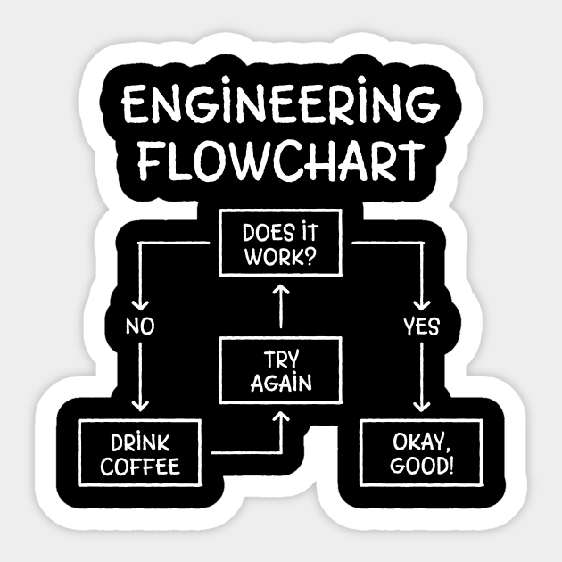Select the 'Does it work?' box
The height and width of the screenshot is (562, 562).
click(281, 246)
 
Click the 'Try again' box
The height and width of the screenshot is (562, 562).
click(281, 371)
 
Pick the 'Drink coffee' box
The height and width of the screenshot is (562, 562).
click(140, 453)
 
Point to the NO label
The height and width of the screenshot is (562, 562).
click(140, 326)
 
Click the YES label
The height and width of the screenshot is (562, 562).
click(421, 326)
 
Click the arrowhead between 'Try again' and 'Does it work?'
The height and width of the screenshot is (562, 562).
click(281, 291)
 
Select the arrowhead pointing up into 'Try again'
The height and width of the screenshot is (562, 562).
click(281, 416)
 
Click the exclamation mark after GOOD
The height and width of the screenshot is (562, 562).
click(450, 465)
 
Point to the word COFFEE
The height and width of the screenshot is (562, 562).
click(140, 465)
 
